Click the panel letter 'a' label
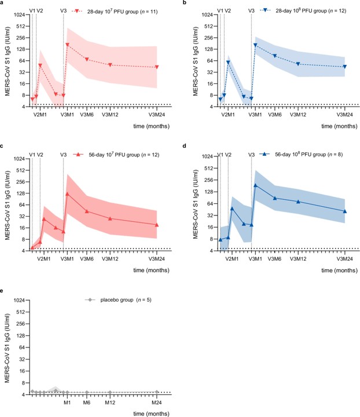2,2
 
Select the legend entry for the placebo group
118,300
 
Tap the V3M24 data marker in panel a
157,67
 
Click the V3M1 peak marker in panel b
255,45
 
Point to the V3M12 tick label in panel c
110,259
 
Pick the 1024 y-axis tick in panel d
207,156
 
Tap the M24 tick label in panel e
157,403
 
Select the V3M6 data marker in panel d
275,198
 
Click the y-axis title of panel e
7,348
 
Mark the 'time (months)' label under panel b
339,126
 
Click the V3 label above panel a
63,11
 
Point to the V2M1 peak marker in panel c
44,219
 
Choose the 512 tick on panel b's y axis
208,26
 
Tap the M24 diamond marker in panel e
157,392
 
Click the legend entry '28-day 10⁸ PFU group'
303,10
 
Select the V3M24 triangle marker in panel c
157,225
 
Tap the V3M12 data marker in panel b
298,64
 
